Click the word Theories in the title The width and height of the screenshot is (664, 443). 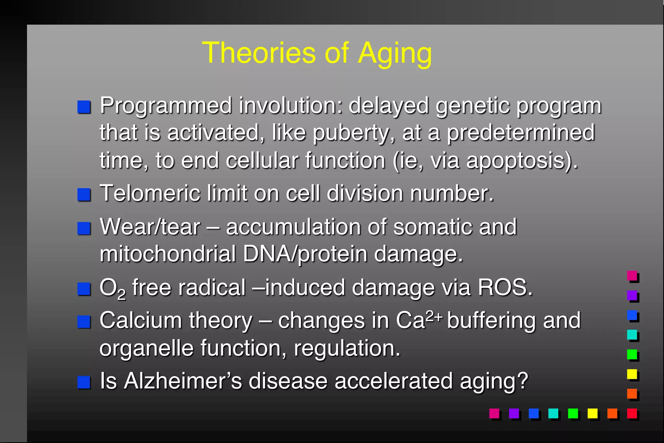click(x=258, y=53)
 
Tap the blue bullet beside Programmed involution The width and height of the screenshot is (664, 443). click(x=84, y=107)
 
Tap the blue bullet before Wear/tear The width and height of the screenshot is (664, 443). click(x=84, y=228)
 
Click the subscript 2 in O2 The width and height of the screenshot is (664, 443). click(x=121, y=294)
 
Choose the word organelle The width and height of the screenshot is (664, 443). click(x=146, y=348)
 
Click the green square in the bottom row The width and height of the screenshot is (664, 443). click(x=573, y=413)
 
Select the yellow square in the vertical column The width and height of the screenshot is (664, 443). click(x=632, y=374)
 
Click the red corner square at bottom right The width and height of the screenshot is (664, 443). click(x=632, y=413)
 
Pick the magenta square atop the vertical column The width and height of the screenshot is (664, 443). click(x=632, y=276)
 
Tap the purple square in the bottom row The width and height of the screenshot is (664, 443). click(x=514, y=413)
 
